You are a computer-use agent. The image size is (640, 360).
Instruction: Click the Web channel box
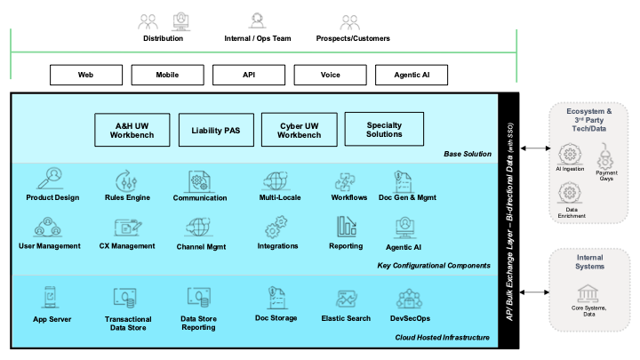coord(86,75)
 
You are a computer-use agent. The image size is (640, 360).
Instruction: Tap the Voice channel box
coord(330,75)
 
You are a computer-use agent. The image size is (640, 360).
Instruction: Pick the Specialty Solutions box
coord(384,129)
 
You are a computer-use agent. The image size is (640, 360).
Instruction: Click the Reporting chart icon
coord(345,227)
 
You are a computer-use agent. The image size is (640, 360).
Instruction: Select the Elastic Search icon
coord(347,300)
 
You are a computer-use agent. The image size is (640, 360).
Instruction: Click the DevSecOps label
coord(411,318)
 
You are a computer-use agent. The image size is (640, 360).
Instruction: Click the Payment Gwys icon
coord(607,158)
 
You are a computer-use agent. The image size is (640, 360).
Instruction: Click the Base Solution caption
coord(468,154)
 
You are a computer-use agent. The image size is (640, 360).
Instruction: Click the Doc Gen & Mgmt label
coord(408,196)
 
